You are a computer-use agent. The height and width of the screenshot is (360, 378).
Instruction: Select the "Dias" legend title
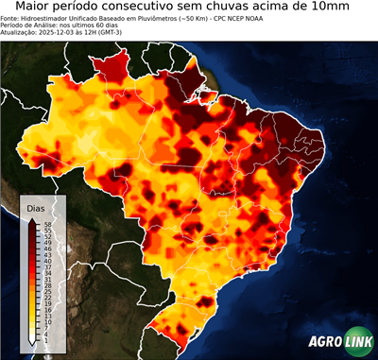click(x=36, y=207)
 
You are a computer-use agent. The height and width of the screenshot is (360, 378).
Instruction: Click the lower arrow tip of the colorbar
click(x=32, y=346)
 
